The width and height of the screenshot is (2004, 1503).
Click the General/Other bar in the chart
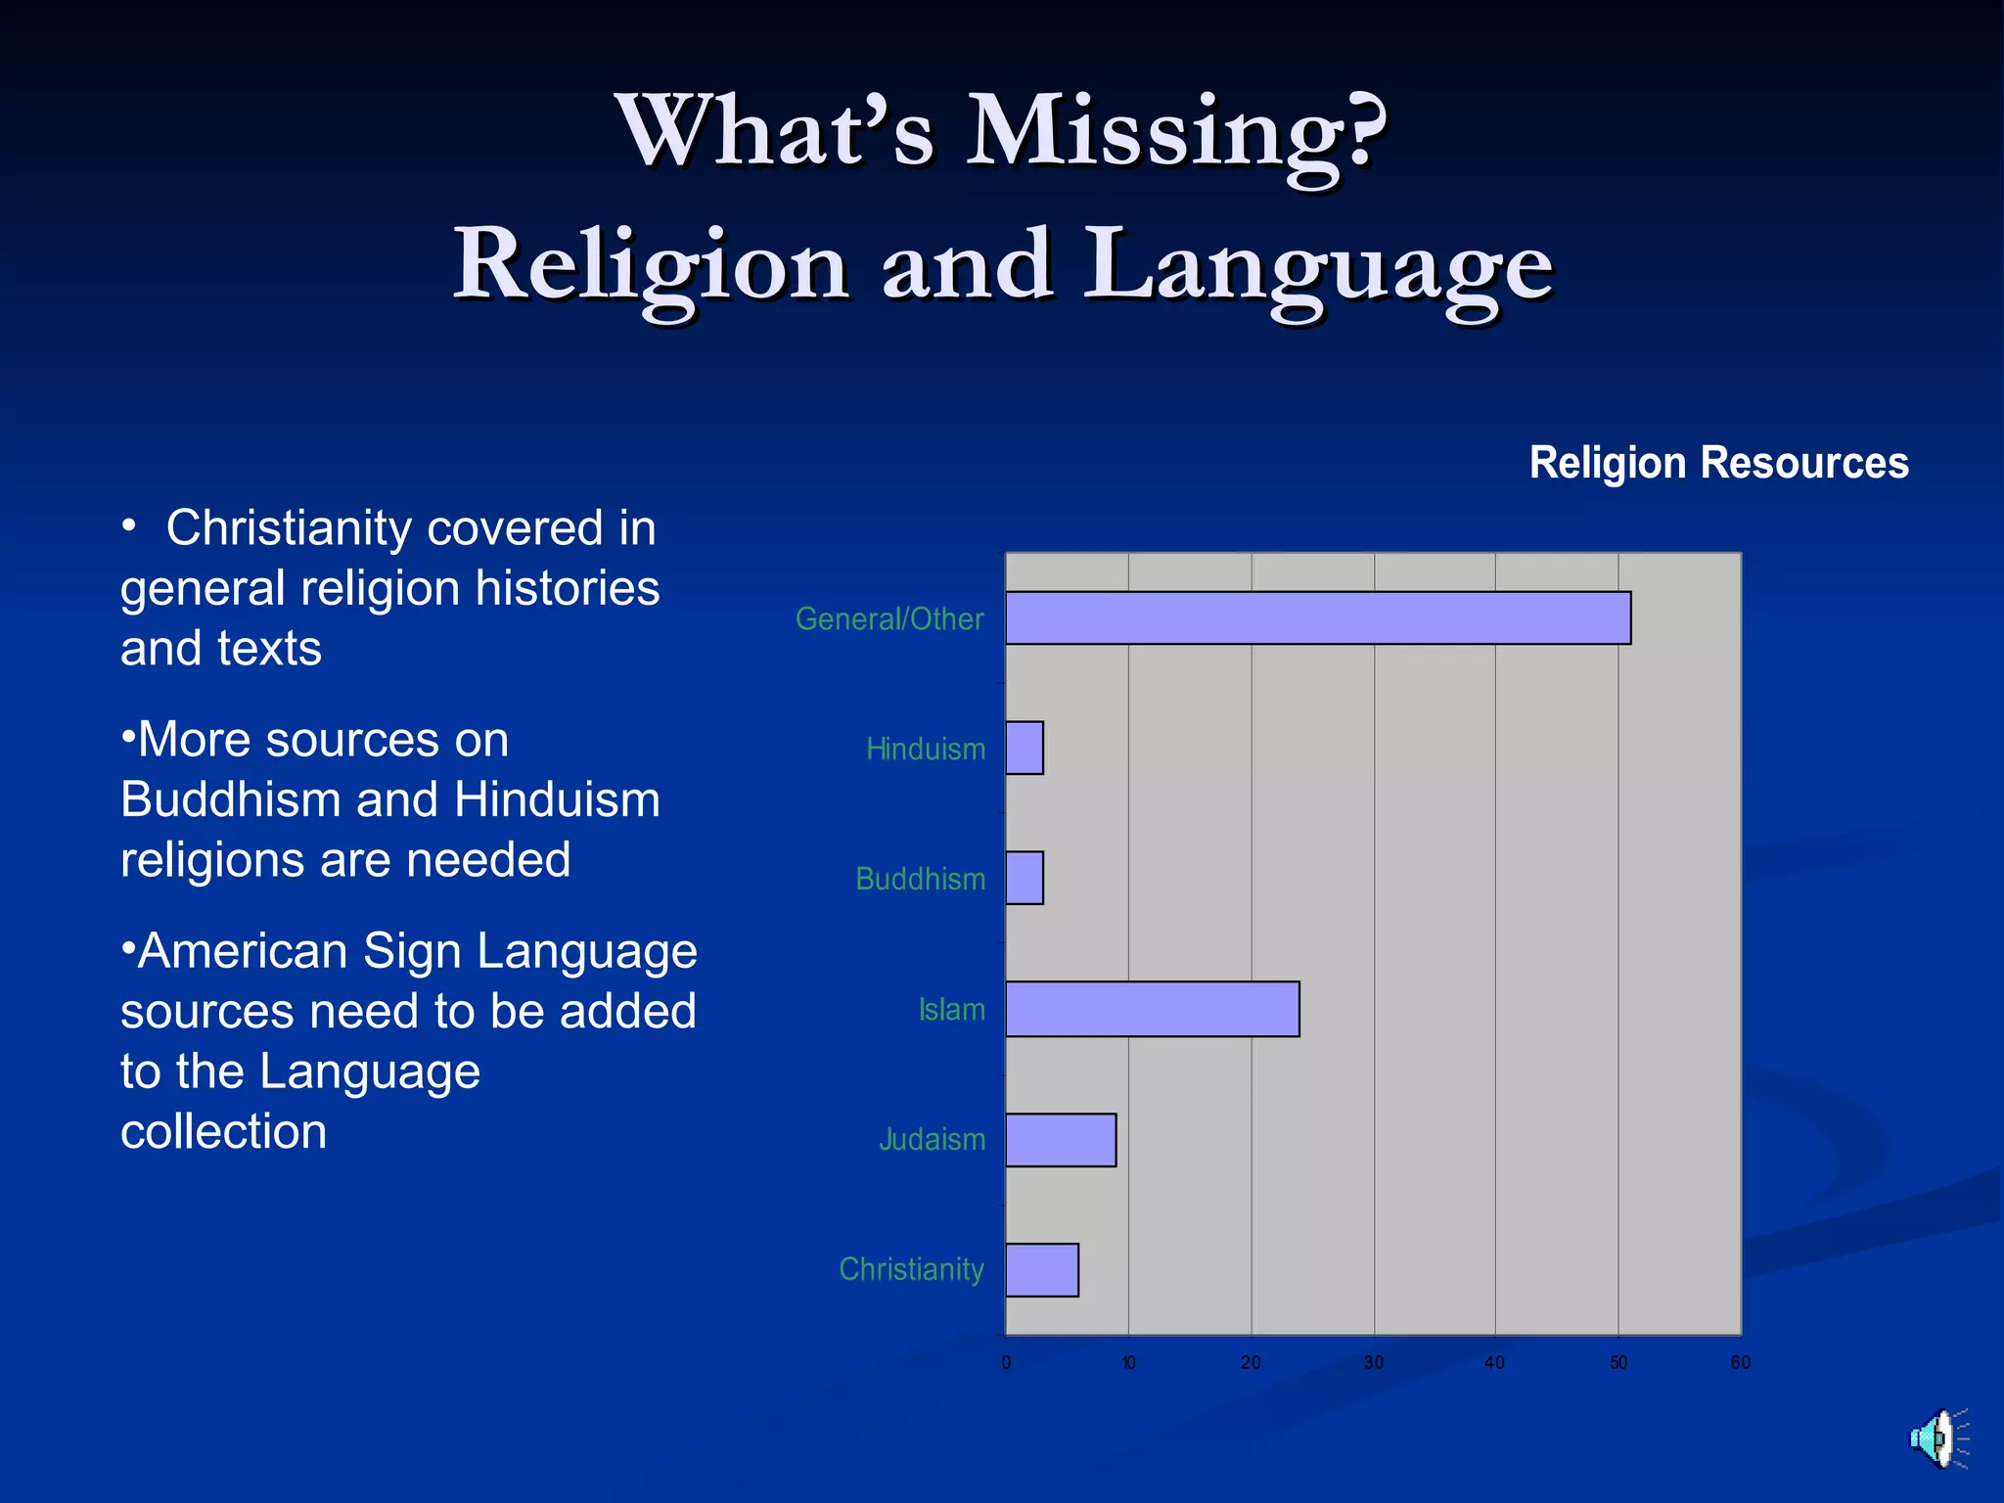[x=1317, y=617]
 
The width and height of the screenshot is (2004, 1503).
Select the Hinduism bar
[x=1025, y=748]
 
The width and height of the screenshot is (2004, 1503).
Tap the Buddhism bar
[x=1025, y=878]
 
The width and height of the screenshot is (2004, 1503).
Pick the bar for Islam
[x=1152, y=1009]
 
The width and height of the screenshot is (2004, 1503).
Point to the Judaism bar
[x=1061, y=1140]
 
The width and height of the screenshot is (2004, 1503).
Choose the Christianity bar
[x=1042, y=1270]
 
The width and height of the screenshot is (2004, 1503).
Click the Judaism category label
[x=932, y=1140]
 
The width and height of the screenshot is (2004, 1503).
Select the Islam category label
[x=951, y=1010]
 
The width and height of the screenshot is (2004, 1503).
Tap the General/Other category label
[x=889, y=619]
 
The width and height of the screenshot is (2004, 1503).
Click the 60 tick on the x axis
[x=1740, y=1363]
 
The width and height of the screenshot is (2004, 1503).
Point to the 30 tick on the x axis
[x=1374, y=1363]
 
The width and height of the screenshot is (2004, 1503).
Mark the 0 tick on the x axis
[x=1006, y=1363]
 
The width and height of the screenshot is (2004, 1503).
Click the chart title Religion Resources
[x=1718, y=463]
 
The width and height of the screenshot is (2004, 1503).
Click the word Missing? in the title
[x=1176, y=132]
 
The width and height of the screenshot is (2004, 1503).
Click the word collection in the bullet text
[x=224, y=1132]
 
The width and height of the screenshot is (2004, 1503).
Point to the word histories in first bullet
[x=568, y=589]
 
